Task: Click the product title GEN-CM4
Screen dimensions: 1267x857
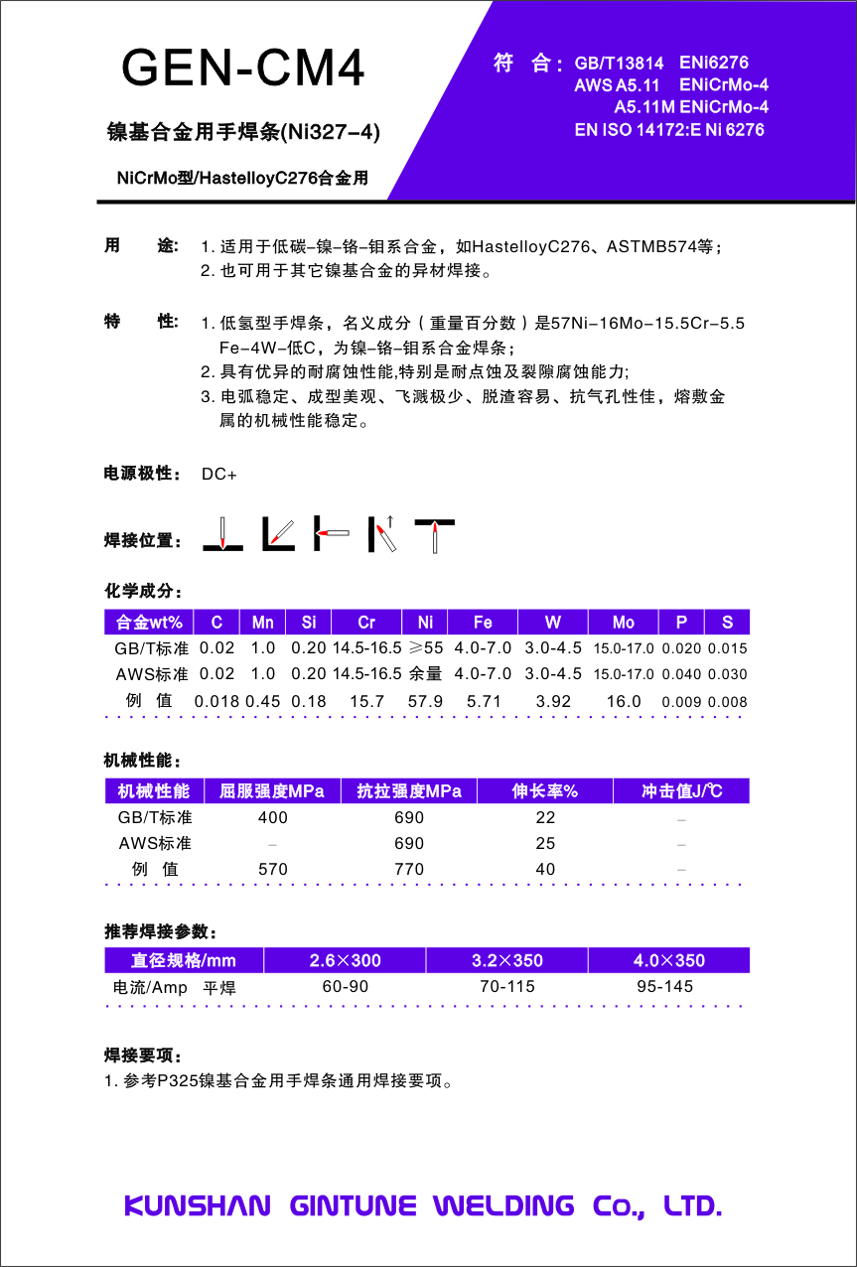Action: (243, 69)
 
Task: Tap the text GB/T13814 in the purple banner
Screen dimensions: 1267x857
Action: (619, 64)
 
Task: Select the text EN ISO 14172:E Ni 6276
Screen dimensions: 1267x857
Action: (669, 129)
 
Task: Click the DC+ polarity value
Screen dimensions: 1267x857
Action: (219, 475)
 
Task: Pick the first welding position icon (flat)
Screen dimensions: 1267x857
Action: (223, 534)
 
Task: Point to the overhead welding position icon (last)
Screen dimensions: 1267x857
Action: (435, 534)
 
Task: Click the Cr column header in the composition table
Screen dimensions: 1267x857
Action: (366, 623)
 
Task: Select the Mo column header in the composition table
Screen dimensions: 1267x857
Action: (623, 623)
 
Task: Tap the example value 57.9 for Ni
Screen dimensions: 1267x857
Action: (425, 701)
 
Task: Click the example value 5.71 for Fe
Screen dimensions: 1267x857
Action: (483, 701)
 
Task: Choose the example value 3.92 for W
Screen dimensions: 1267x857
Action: (553, 701)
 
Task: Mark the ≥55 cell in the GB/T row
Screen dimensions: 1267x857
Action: (426, 648)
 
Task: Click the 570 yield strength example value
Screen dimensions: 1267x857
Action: (272, 869)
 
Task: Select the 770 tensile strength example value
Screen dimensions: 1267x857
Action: (408, 869)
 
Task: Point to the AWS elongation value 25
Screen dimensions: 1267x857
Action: (545, 843)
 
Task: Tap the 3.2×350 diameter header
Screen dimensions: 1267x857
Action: (506, 960)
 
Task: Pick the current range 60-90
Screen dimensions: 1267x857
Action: (346, 987)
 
